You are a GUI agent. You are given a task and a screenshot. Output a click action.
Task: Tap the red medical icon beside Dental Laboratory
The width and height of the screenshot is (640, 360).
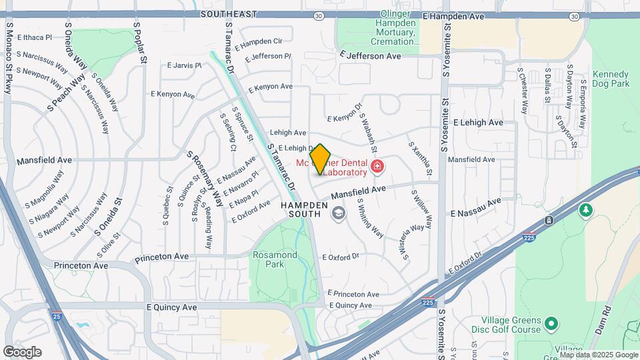pos(377,165)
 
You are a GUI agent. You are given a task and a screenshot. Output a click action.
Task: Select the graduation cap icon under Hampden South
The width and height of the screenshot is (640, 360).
pos(338,213)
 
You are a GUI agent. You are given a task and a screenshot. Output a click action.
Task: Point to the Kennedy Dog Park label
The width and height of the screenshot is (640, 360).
pos(611,79)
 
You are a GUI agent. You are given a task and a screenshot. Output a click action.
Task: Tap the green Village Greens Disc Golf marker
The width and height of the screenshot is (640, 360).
pos(551,324)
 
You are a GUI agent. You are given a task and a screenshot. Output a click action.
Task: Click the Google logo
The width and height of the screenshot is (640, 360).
pos(22,352)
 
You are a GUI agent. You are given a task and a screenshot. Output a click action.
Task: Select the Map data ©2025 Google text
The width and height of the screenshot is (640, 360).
pos(599,355)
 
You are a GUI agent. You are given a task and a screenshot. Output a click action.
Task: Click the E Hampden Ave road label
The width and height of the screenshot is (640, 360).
pos(453,15)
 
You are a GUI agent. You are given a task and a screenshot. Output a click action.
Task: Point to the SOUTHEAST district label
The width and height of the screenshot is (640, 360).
pos(229,14)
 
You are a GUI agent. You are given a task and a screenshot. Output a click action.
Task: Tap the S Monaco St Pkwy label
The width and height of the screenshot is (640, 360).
pos(9,59)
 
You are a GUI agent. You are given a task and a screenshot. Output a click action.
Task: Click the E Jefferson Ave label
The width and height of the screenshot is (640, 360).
pos(370,57)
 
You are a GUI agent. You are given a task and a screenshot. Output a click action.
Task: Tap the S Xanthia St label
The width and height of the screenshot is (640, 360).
pos(421,155)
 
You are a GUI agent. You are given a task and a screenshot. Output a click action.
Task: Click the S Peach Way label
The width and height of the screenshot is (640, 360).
pos(67,94)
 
